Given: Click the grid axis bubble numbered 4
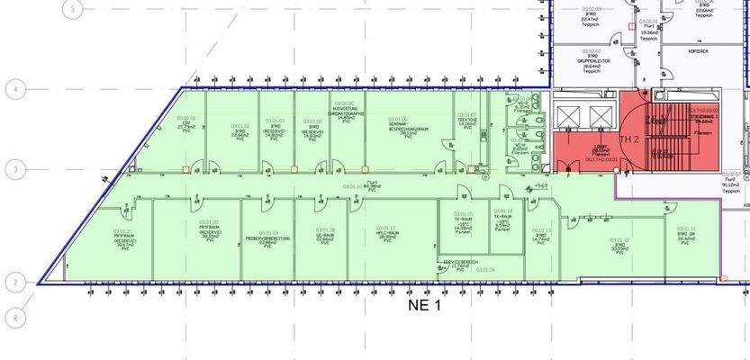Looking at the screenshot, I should point(14,89).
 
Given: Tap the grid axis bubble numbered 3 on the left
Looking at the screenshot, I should point(14,168).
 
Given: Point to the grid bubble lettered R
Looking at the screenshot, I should point(14,317).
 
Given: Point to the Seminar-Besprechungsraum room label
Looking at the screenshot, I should point(397,125).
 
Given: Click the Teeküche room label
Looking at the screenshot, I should point(466,121).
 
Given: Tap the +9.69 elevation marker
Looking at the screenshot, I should point(540,185).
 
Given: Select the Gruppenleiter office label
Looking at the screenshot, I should point(591,60).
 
